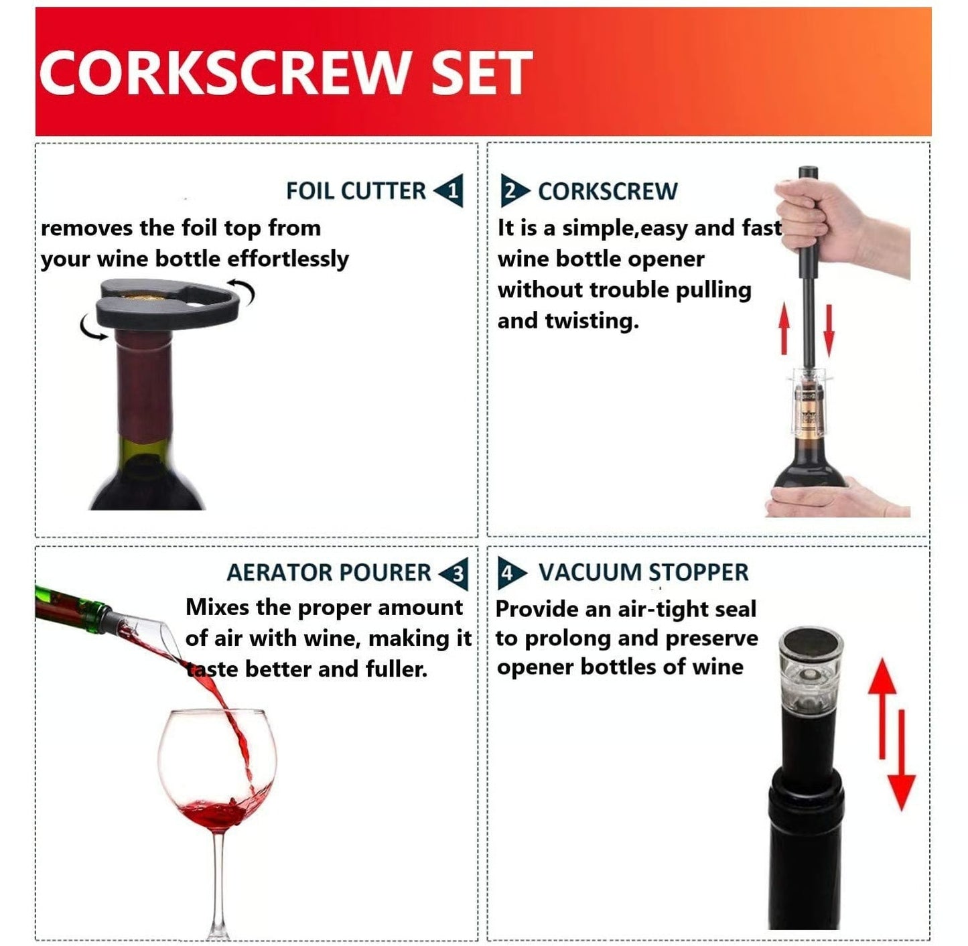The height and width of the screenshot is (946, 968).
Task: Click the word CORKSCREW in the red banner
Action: click(x=223, y=72)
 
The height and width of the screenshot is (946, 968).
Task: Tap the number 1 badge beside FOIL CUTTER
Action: click(x=451, y=192)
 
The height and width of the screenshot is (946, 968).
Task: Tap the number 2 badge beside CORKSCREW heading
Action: click(x=512, y=192)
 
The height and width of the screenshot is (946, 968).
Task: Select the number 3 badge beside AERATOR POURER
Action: click(x=456, y=574)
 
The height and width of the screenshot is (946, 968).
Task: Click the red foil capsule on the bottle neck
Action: click(x=142, y=389)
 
